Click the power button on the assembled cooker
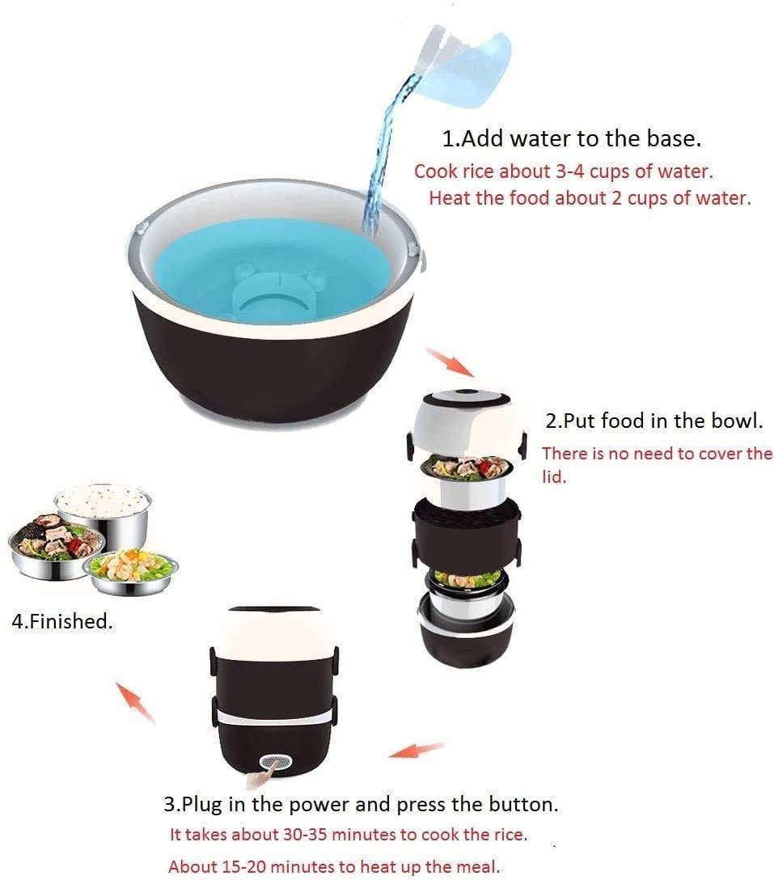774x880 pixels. (276, 762)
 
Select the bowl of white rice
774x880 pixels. (104, 510)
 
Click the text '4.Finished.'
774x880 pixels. (61, 621)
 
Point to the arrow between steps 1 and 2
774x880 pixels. (450, 362)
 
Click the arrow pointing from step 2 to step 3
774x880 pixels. (417, 750)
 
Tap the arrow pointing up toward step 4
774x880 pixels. (135, 701)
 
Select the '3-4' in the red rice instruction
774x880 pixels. (569, 171)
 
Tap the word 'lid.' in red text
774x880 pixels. (554, 477)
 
